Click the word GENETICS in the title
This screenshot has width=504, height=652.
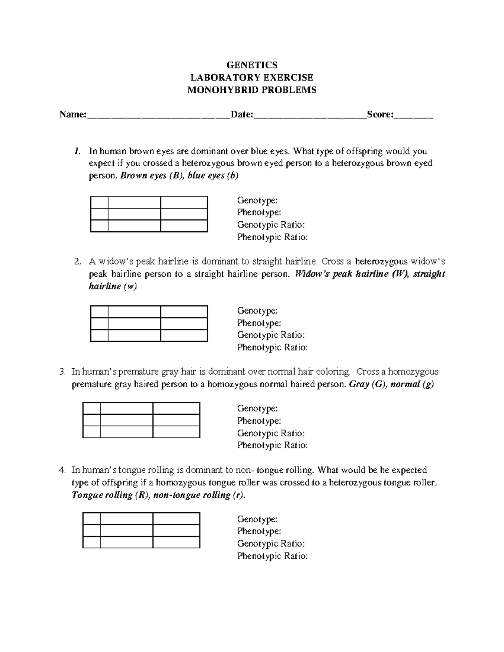[x=252, y=65]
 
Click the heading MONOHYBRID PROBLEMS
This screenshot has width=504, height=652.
[x=252, y=90]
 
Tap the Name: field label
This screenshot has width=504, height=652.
[x=73, y=114]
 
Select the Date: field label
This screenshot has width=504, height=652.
[x=241, y=114]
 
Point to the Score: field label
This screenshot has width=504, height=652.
[x=380, y=114]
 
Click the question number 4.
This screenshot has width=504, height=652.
[x=63, y=470]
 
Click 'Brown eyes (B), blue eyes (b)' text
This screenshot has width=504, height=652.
[x=179, y=176]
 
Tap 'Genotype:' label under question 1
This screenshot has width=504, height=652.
[x=257, y=200]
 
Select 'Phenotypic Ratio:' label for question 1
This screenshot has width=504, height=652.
[x=272, y=237]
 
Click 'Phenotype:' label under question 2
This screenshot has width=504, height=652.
[x=259, y=323]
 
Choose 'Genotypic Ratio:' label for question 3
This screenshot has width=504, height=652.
[x=271, y=433]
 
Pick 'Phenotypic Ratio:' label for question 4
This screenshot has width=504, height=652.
[x=272, y=556]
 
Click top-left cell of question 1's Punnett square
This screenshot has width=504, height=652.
[x=99, y=202]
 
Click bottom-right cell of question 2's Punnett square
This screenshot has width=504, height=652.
[x=184, y=336]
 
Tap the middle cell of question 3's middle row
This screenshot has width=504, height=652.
[x=126, y=420]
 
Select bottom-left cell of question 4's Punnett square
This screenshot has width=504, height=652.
[x=92, y=542]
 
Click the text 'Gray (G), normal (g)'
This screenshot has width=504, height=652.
[x=391, y=384]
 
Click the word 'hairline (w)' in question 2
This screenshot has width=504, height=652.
[x=113, y=287]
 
